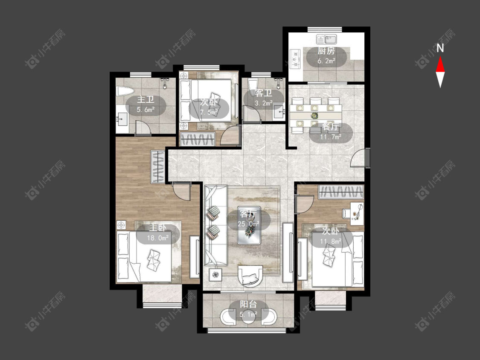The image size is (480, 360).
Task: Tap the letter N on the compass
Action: [x=440, y=48]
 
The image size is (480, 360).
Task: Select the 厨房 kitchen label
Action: [x=326, y=51]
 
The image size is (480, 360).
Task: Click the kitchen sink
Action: [x=327, y=39]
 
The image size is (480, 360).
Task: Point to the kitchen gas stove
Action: [x=295, y=58]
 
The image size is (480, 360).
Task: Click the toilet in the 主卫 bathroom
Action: [x=125, y=91]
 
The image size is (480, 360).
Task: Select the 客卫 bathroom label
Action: [x=264, y=93]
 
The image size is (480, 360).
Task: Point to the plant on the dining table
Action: [x=314, y=116]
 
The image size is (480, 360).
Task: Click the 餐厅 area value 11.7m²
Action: [x=331, y=137]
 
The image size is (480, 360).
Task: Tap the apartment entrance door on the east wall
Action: [x=361, y=157]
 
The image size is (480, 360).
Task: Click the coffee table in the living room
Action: [x=249, y=225]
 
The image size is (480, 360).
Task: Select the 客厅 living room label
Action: [x=248, y=214]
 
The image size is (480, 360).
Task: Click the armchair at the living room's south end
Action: [x=250, y=276]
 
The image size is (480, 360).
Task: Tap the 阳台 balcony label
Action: [x=248, y=304]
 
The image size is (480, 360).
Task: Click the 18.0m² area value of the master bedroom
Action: [x=157, y=238]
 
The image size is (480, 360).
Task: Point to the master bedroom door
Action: [x=181, y=192]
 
